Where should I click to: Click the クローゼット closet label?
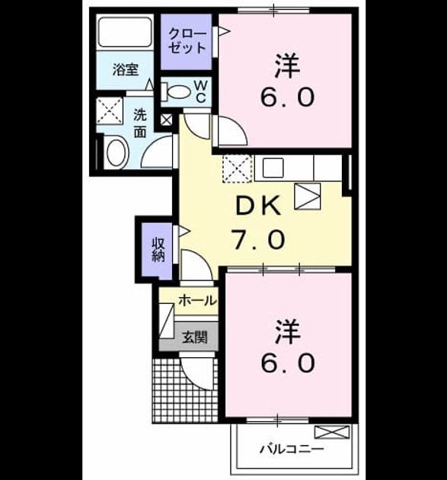point(187,41)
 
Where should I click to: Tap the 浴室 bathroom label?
point(126,70)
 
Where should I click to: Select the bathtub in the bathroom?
point(125,33)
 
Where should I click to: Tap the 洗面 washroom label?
point(140,123)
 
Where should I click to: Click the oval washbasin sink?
point(117,153)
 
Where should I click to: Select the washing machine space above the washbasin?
point(110,110)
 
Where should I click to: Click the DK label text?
point(258,206)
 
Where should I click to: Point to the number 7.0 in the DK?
point(258,239)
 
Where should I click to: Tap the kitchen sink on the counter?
point(273,168)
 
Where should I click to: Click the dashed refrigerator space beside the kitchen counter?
point(237,168)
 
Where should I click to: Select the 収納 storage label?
point(158,250)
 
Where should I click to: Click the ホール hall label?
point(197,300)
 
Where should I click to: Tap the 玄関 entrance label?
point(195,337)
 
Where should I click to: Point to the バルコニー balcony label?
point(292,450)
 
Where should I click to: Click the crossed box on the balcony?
point(332,432)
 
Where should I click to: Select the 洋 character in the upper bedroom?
point(287,66)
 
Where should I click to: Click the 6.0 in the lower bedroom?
point(288,363)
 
